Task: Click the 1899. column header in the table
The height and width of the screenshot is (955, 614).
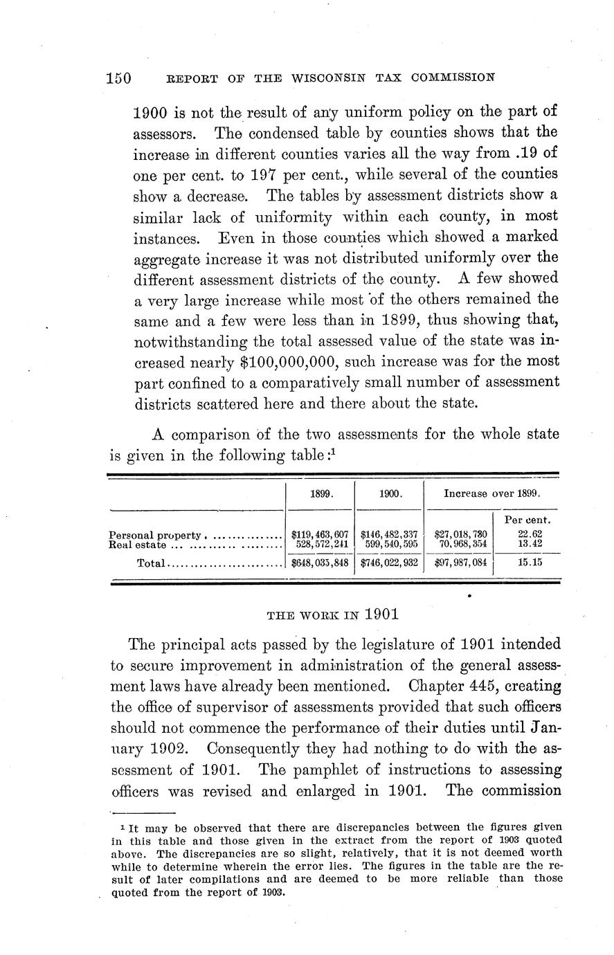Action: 320,495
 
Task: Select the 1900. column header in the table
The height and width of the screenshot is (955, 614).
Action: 389,495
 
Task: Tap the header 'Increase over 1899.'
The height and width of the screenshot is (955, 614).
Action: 491,495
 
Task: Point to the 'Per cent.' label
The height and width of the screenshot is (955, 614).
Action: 523,519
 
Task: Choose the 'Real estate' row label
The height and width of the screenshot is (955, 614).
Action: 138,545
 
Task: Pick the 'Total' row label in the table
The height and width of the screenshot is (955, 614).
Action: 151,563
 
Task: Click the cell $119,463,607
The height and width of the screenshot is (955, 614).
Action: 320,534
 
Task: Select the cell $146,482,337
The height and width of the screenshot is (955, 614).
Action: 389,534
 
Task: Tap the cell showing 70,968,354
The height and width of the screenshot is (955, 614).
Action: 461,545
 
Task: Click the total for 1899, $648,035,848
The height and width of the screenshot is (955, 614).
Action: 320,563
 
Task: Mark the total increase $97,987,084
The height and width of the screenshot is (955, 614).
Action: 460,563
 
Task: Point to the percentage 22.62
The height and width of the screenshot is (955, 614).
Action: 523,534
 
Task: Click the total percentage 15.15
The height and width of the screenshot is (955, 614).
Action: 523,563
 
